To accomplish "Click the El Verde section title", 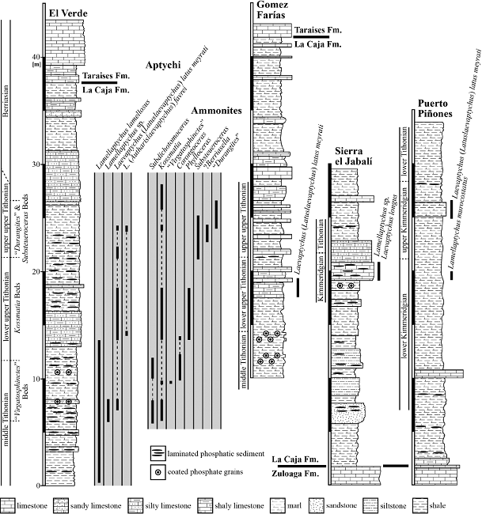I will (x=66, y=11).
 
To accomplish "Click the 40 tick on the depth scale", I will (x=33, y=57).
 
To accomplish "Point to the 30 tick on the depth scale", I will (x=33, y=164).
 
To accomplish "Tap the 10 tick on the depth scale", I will (x=33, y=378).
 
